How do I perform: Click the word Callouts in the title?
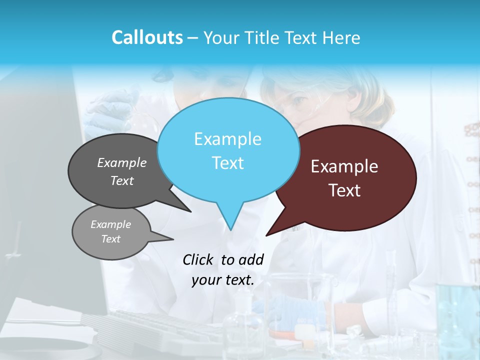coord(147,37)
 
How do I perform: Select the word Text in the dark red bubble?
coord(344,190)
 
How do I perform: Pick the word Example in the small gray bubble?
coord(110,224)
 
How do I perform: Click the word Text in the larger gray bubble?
coord(122,181)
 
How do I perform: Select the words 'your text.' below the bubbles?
coord(223,280)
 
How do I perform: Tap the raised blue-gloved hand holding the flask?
coord(107,112)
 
